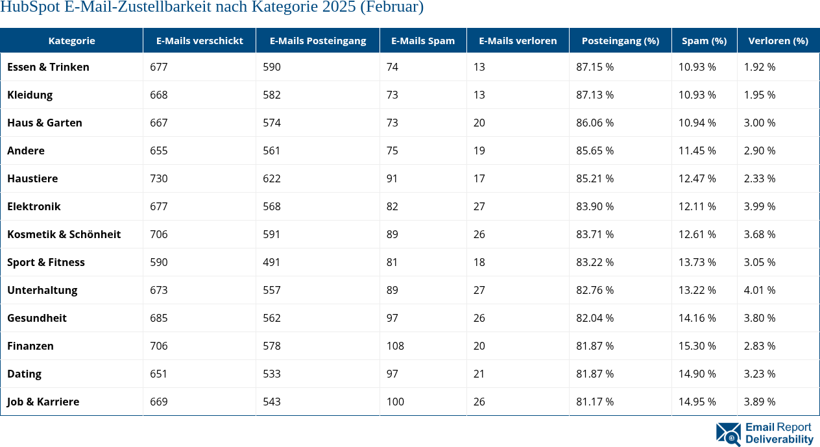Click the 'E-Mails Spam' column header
click(423, 40)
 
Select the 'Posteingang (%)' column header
click(620, 40)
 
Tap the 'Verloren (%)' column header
click(778, 40)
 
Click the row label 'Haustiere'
click(32, 178)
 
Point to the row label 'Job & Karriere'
click(43, 402)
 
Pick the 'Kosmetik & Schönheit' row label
click(64, 234)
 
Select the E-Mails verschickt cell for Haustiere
click(159, 178)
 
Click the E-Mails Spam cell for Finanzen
click(395, 346)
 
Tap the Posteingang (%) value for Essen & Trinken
click(595, 67)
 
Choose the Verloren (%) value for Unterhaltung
click(760, 290)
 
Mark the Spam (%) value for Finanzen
click(697, 346)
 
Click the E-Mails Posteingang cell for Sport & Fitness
click(272, 262)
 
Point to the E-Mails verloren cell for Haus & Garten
click(479, 123)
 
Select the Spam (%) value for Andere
click(697, 151)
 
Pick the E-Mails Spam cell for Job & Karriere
click(395, 402)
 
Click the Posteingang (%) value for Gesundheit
click(595, 318)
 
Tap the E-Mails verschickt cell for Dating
click(159, 374)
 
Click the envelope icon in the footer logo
click(729, 434)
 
